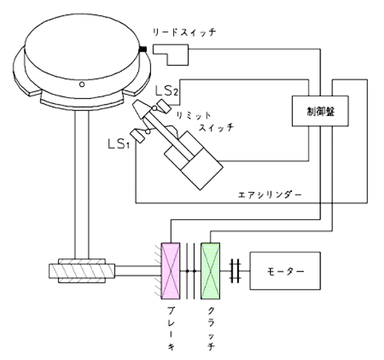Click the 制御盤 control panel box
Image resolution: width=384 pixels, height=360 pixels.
[x=320, y=111]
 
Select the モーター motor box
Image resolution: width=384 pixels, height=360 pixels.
[x=285, y=271]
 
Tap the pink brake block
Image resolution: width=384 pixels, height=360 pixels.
[x=170, y=271]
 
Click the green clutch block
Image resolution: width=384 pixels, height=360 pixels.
[x=210, y=271]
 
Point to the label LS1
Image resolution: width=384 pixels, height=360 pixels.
[x=119, y=144]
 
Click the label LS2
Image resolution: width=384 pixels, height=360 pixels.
[x=167, y=91]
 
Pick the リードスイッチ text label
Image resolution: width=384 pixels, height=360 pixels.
[x=184, y=32]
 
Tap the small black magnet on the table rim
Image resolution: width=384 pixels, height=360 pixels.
[x=142, y=50]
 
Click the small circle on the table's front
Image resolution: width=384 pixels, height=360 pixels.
[x=82, y=84]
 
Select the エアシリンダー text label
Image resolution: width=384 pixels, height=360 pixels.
[x=269, y=195]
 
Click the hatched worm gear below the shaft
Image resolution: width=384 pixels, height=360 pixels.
[x=82, y=271]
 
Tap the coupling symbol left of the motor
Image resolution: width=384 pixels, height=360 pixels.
[x=235, y=271]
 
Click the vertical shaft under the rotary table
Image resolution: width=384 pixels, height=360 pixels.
[x=82, y=184]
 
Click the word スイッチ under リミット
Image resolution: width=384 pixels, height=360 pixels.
[x=216, y=128]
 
